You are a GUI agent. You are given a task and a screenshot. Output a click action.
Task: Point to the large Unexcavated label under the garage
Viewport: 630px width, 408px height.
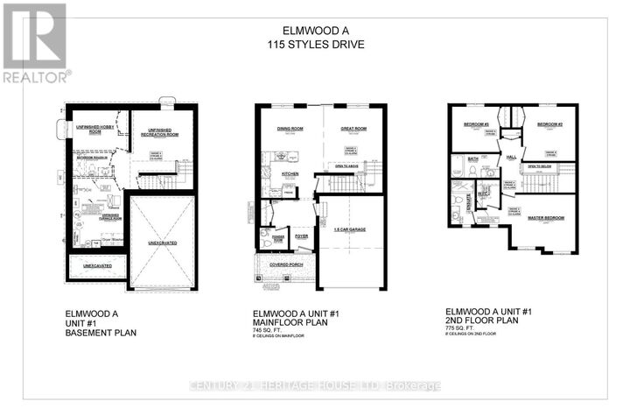pyautogui.click(x=163, y=243)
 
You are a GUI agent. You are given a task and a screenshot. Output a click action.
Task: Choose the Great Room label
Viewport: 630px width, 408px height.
pyautogui.click(x=352, y=130)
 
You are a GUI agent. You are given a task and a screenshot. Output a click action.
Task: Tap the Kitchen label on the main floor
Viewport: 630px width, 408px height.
pyautogui.click(x=290, y=173)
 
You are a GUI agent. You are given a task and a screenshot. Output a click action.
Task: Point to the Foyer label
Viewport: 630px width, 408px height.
pyautogui.click(x=302, y=235)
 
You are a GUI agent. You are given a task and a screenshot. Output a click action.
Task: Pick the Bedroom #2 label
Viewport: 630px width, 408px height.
pyautogui.click(x=548, y=124)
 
